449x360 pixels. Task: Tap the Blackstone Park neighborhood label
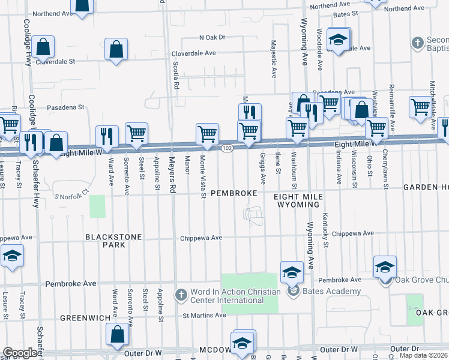(x=113, y=241)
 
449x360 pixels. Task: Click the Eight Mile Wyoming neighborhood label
(x=298, y=200)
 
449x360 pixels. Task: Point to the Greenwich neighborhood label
(x=85, y=317)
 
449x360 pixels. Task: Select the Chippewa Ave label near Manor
(x=202, y=238)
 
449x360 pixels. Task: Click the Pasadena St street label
(x=65, y=107)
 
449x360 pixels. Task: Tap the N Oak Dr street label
(x=212, y=37)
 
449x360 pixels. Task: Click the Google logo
(x=20, y=353)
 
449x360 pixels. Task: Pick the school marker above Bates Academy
(x=291, y=272)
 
